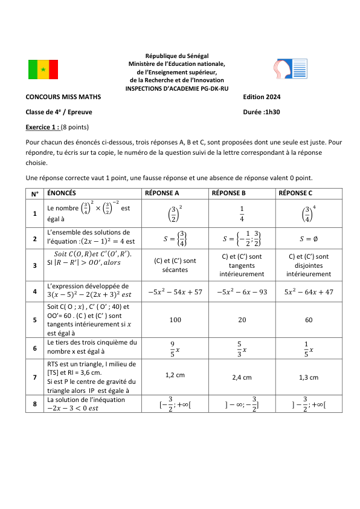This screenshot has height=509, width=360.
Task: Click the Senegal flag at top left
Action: pos(43,70)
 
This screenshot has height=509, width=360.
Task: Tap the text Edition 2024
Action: pos(262,97)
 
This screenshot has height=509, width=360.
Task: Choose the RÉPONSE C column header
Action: pos(295,193)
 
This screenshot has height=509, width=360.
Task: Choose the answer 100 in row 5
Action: pos(175,319)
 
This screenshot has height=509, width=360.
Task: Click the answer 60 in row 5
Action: pos(308,319)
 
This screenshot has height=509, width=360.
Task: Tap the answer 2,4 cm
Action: pos(242,377)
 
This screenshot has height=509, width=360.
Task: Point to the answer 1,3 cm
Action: pos(308,377)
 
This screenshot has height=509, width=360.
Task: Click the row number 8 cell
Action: pos(35,403)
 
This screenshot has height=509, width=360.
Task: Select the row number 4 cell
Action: pos(35,291)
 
